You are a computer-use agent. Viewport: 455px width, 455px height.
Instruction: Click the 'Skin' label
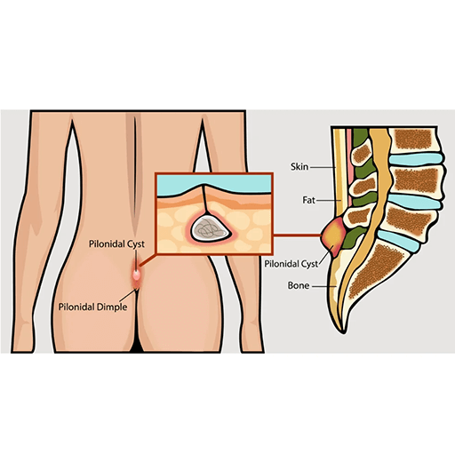click(x=299, y=167)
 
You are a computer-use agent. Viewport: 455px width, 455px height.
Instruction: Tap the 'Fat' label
click(x=308, y=200)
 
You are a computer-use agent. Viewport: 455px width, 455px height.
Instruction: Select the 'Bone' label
click(x=299, y=285)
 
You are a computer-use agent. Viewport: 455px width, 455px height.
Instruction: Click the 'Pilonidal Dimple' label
click(x=92, y=307)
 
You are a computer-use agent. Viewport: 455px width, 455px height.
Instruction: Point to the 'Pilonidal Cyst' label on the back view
click(x=116, y=244)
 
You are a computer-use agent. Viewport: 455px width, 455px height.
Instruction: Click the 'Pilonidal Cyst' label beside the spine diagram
click(x=291, y=264)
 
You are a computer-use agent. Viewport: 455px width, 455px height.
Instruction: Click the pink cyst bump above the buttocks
click(x=136, y=275)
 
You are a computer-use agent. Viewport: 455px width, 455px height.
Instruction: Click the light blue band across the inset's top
click(x=214, y=184)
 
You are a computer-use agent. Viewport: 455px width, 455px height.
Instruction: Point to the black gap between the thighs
click(x=137, y=346)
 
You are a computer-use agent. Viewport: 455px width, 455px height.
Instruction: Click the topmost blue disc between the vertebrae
click(x=416, y=158)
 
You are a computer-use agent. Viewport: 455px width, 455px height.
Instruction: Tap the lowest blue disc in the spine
click(x=398, y=241)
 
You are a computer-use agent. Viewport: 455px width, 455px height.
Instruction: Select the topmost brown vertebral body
click(x=413, y=139)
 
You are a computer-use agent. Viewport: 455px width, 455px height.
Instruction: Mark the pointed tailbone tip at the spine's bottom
click(x=344, y=332)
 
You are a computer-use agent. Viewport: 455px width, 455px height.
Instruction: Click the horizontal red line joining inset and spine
click(x=297, y=235)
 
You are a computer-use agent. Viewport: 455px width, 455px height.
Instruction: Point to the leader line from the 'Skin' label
click(x=323, y=167)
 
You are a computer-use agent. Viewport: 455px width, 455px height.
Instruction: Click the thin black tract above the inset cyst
click(x=204, y=199)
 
